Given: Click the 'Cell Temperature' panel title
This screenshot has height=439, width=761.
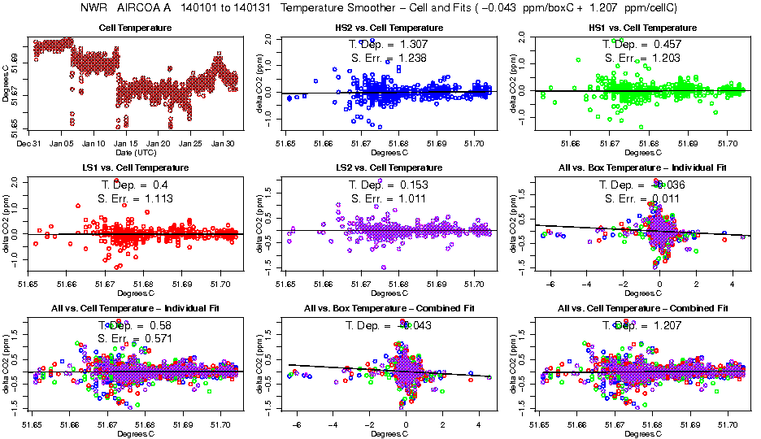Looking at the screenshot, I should [x=135, y=28].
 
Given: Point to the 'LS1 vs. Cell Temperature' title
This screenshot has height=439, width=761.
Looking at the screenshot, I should [x=135, y=167].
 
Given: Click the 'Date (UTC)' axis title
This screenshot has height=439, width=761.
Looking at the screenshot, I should [x=135, y=152].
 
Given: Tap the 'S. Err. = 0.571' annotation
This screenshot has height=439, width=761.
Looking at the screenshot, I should [x=135, y=338].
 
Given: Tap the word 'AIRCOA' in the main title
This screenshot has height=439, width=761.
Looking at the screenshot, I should [x=146, y=8].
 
